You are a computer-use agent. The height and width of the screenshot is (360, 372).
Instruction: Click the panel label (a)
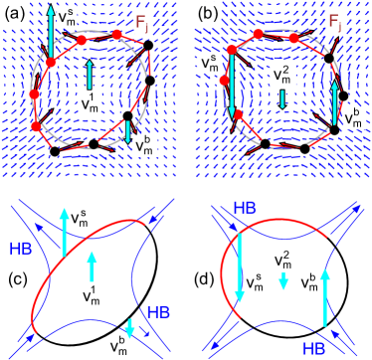[x=15, y=15]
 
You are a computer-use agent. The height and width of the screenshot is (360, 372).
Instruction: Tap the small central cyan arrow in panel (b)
[x=282, y=98]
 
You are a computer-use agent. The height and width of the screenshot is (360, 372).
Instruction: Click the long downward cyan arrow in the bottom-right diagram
[x=240, y=270]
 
